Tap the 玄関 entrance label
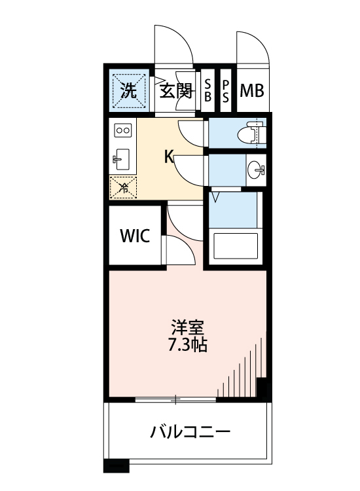(x=175, y=90)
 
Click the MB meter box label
(x=251, y=90)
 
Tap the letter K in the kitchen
(x=168, y=156)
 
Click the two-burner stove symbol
(x=122, y=130)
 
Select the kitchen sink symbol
(x=122, y=158)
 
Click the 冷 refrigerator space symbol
(x=122, y=188)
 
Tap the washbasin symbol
(x=256, y=170)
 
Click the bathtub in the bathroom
(x=236, y=247)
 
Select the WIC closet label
(x=134, y=236)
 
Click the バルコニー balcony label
(x=190, y=432)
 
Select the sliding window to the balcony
(x=175, y=398)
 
